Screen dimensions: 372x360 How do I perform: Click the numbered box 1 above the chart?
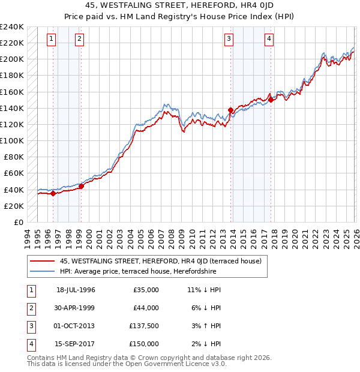pos(51,39)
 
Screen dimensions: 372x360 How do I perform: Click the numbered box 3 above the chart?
pos(229,39)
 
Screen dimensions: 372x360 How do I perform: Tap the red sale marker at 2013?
pos(231,110)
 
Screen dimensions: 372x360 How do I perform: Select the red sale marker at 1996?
pos(53,193)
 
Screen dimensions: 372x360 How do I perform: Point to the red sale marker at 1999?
pos(82,186)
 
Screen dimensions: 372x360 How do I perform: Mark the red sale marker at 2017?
pos(271,100)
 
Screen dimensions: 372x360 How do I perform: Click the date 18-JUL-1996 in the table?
pos(76,290)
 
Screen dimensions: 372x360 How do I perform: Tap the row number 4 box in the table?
pos(29,344)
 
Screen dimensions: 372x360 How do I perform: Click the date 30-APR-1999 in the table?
pos(76,308)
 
